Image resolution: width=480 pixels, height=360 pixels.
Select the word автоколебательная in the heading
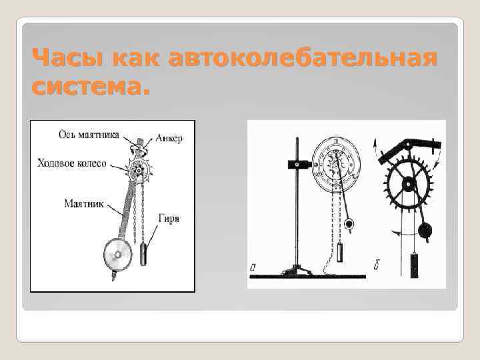tap(304, 59)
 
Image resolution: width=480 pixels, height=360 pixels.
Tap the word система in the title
tap(87, 87)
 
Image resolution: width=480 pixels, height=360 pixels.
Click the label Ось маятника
tap(89, 134)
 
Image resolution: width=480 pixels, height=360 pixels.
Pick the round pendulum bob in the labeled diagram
tap(117, 255)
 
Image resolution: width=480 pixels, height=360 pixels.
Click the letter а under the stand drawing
tap(253, 269)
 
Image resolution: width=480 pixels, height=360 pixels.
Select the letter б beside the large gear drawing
tap(377, 269)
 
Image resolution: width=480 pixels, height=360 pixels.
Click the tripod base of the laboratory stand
tap(296, 271)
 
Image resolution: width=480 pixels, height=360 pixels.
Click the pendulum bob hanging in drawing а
tap(349, 225)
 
